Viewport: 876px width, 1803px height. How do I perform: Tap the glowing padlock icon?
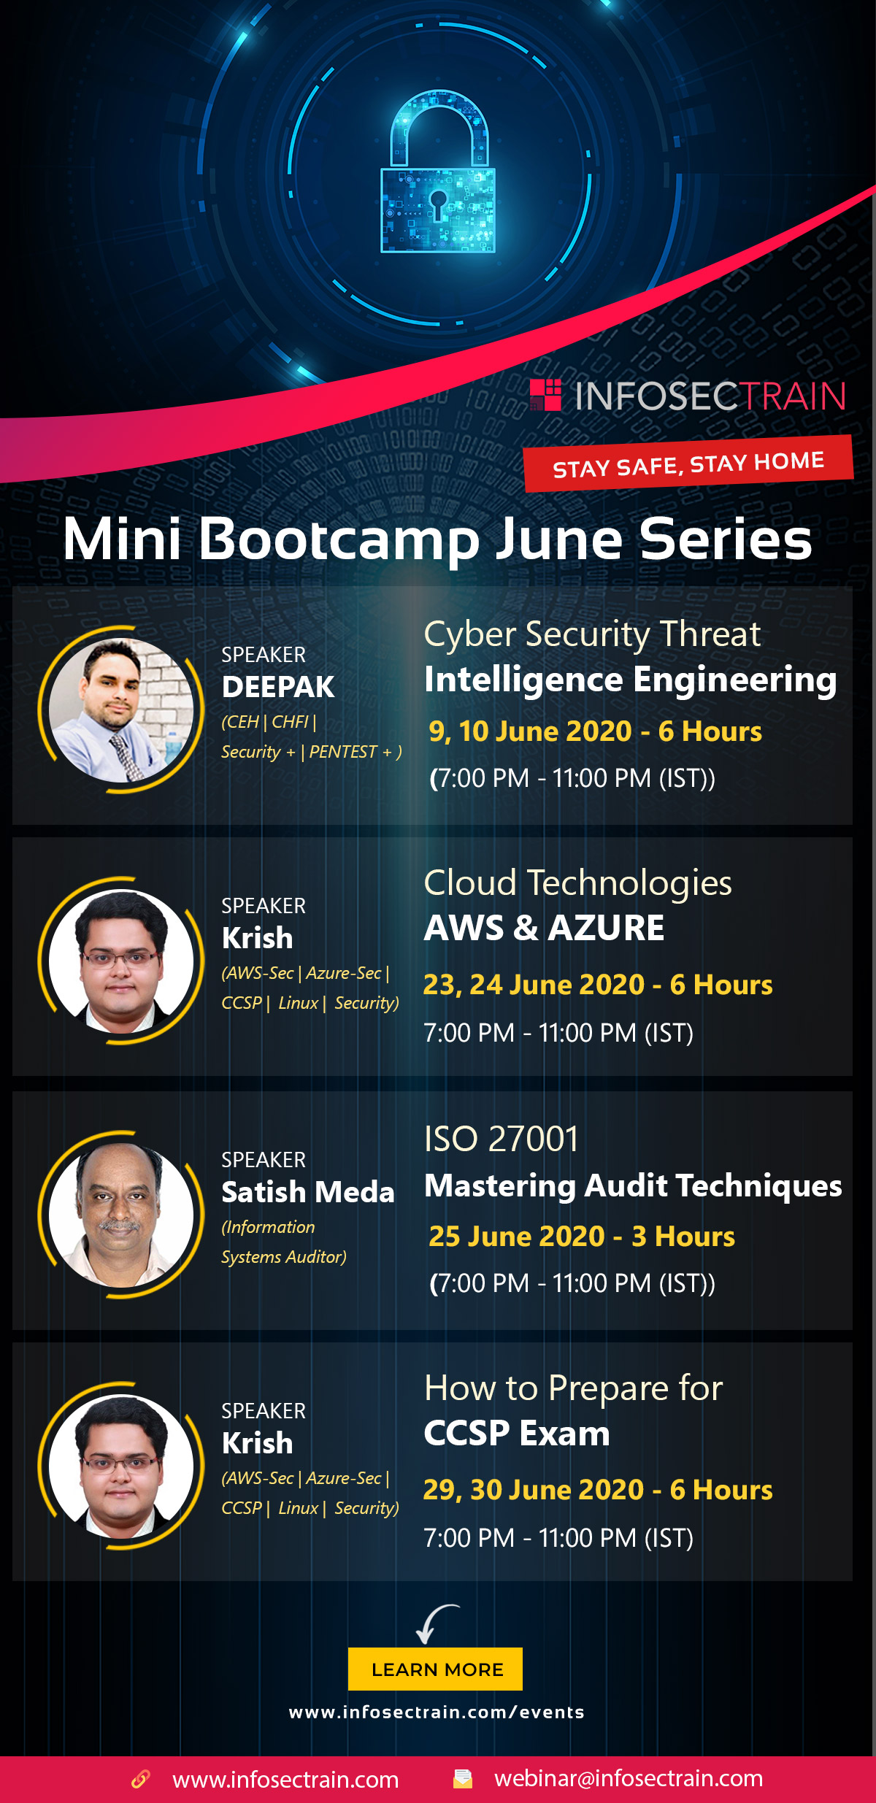(x=438, y=172)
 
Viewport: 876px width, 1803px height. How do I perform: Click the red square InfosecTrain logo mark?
(x=545, y=395)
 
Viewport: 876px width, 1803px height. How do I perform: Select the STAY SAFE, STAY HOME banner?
(x=688, y=464)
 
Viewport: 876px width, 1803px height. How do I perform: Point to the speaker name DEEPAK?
(x=278, y=687)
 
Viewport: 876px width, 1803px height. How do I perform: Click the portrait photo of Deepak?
(x=121, y=710)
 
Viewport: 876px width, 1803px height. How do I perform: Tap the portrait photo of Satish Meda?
(x=121, y=1215)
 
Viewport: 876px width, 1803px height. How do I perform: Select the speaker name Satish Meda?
(x=308, y=1192)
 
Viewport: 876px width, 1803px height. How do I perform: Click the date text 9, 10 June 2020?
(x=530, y=731)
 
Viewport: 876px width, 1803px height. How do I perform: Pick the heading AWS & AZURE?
(x=545, y=928)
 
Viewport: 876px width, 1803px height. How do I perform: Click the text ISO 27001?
(x=502, y=1139)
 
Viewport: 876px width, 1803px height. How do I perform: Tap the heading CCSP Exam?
(x=517, y=1433)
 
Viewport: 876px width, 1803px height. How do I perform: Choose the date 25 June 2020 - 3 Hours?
(x=582, y=1237)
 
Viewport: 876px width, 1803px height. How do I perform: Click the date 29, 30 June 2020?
(x=534, y=1490)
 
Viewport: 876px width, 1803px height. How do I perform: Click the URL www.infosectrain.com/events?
(x=437, y=1712)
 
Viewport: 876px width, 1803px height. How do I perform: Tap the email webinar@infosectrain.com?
(x=629, y=1778)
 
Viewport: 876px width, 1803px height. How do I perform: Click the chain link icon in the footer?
(x=140, y=1779)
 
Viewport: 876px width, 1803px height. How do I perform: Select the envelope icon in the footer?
(x=463, y=1778)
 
